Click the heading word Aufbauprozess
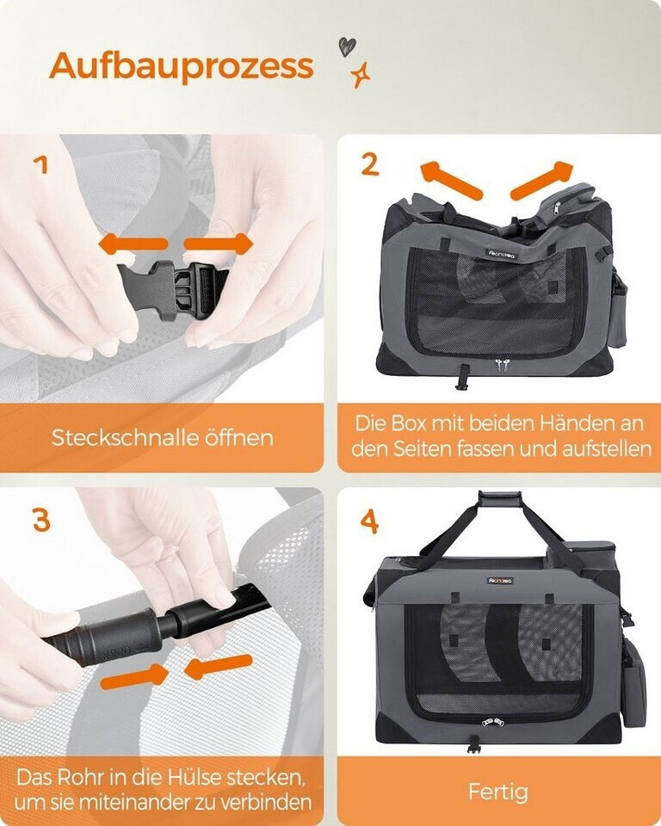click(x=182, y=67)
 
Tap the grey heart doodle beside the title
click(x=347, y=46)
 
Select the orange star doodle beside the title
click(x=361, y=75)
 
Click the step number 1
click(x=41, y=165)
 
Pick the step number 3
click(x=41, y=520)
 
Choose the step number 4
click(x=369, y=522)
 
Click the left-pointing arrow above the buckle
click(x=133, y=244)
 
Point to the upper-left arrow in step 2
click(x=451, y=180)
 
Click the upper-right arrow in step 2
click(x=541, y=180)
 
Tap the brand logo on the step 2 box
click(x=503, y=254)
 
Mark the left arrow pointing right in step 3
click(x=134, y=676)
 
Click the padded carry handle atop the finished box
click(x=500, y=498)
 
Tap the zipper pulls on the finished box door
click(x=492, y=721)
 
